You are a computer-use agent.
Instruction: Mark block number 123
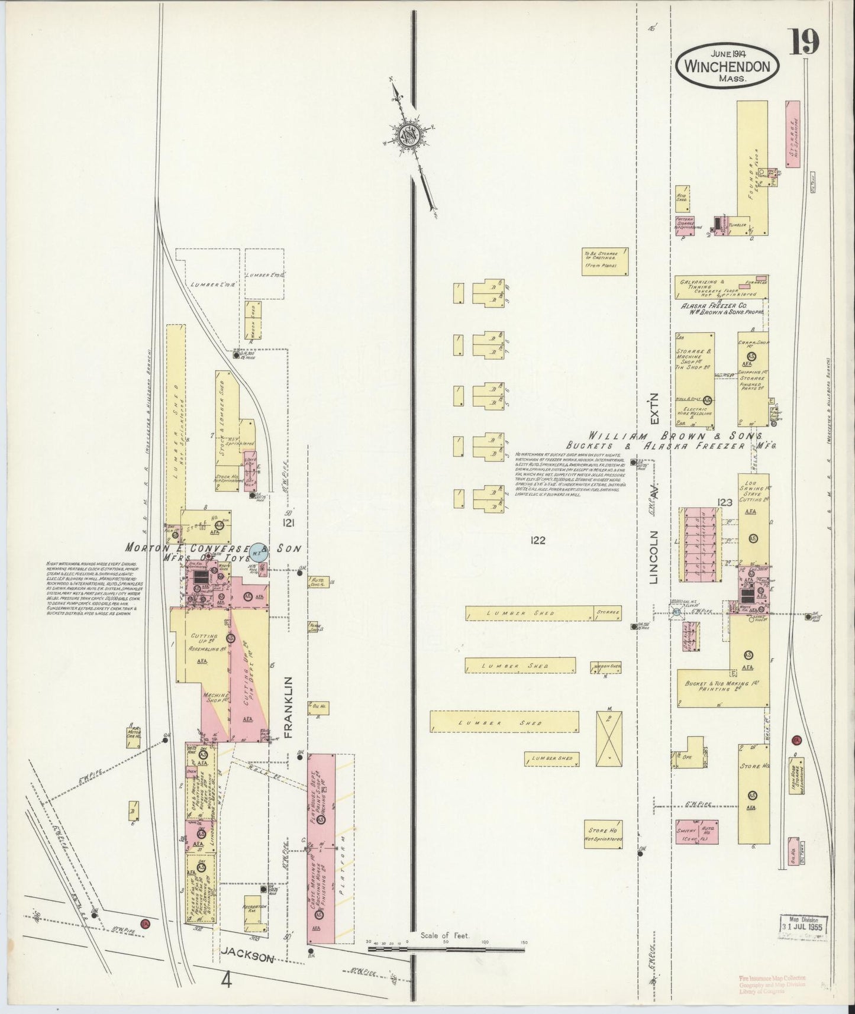[725, 502]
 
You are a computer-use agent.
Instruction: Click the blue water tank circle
[257, 551]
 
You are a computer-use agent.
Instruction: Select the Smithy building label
[688, 831]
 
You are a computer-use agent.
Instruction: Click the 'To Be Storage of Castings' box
[604, 261]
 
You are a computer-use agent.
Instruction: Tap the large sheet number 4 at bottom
[225, 980]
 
